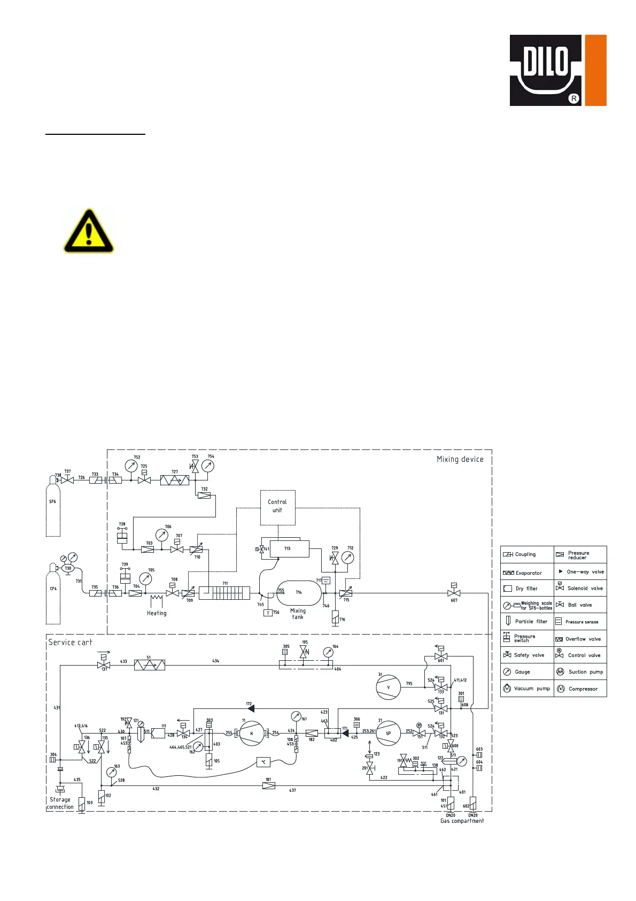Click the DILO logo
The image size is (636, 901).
click(x=557, y=70)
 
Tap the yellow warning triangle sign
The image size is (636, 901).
click(x=89, y=231)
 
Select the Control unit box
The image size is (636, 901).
click(x=277, y=507)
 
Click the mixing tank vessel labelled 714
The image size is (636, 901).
click(x=299, y=593)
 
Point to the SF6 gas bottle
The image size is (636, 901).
click(x=53, y=506)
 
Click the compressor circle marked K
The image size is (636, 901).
click(x=252, y=734)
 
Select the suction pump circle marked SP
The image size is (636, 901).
click(x=388, y=734)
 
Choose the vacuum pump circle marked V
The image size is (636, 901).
click(x=388, y=688)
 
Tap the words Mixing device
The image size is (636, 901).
click(x=460, y=459)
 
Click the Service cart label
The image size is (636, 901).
click(x=70, y=642)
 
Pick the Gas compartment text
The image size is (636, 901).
click(x=462, y=821)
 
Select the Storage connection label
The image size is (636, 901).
click(x=60, y=803)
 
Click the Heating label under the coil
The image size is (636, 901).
click(x=157, y=613)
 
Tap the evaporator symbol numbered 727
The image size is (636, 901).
click(x=174, y=480)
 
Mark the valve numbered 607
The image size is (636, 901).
click(x=454, y=593)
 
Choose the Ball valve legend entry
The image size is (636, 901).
click(x=579, y=605)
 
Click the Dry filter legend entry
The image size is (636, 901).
click(x=526, y=589)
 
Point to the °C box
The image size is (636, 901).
click(x=263, y=762)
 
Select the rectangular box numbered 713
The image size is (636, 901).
click(x=289, y=549)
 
